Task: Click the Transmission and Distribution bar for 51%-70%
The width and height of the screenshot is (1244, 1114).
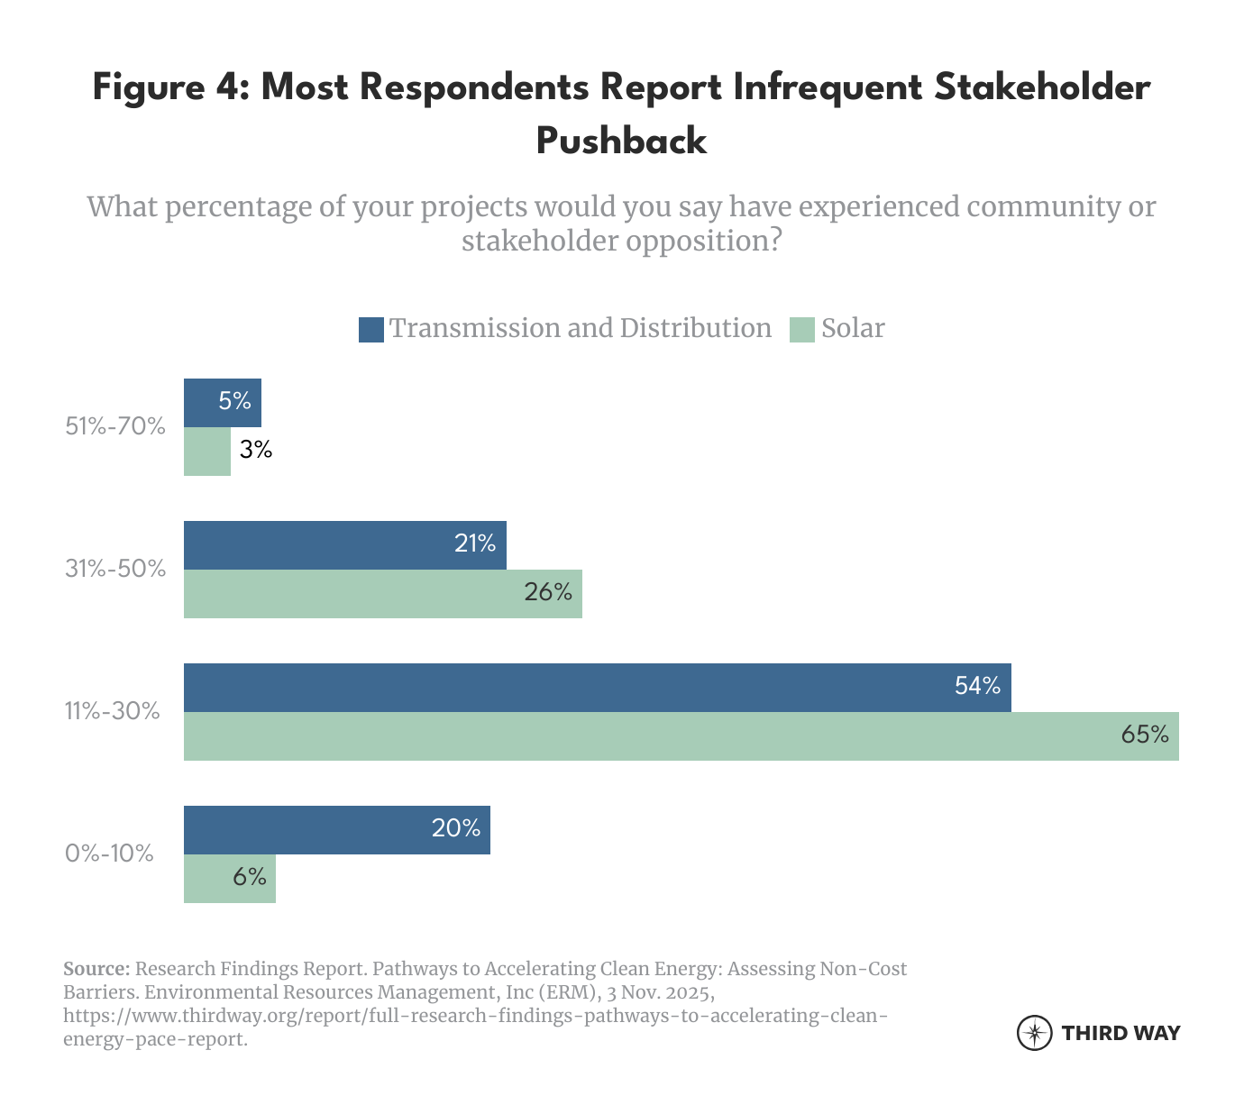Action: click(222, 402)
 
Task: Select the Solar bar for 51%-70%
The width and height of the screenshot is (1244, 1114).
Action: click(207, 451)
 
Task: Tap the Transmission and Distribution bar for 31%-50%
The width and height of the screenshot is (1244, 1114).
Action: click(344, 544)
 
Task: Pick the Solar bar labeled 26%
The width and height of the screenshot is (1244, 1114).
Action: click(382, 593)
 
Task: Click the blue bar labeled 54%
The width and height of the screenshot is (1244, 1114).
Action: click(597, 688)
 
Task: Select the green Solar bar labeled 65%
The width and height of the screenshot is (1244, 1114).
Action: click(681, 736)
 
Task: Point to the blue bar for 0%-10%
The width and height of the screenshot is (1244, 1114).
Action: click(336, 829)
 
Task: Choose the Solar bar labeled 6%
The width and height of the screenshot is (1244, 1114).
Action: click(229, 878)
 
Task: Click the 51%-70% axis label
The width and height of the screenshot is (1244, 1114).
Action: click(115, 426)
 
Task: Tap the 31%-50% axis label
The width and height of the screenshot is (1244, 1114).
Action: click(115, 569)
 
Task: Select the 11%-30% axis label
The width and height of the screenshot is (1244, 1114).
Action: click(112, 711)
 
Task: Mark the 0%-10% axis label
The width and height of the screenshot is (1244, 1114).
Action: click(109, 853)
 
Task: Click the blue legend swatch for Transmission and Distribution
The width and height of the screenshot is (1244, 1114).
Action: click(371, 329)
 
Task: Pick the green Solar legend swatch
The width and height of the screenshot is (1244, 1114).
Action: click(802, 329)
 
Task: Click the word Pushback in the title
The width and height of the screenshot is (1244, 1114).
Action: click(621, 142)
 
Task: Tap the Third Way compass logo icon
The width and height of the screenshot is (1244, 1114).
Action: click(1034, 1033)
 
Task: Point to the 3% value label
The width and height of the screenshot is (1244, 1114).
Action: click(256, 450)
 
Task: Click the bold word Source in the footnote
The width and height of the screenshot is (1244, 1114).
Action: click(96, 969)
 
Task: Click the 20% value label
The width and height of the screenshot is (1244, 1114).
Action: click(455, 828)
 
